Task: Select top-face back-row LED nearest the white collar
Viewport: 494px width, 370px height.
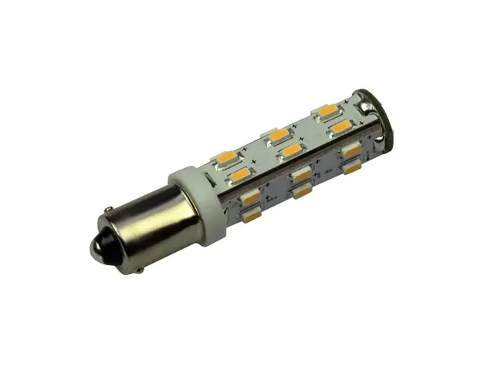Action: pyautogui.click(x=227, y=157)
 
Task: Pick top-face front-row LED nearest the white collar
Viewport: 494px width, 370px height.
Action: pyautogui.click(x=239, y=176)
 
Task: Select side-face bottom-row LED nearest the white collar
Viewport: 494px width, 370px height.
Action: pyautogui.click(x=250, y=217)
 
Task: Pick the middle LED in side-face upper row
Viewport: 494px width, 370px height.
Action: pyautogui.click(x=302, y=173)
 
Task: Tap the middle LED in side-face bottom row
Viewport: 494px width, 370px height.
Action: pyautogui.click(x=303, y=190)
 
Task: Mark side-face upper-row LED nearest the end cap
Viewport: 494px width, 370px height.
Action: pyautogui.click(x=352, y=150)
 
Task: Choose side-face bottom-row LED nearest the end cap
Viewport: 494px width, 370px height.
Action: pyautogui.click(x=352, y=166)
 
